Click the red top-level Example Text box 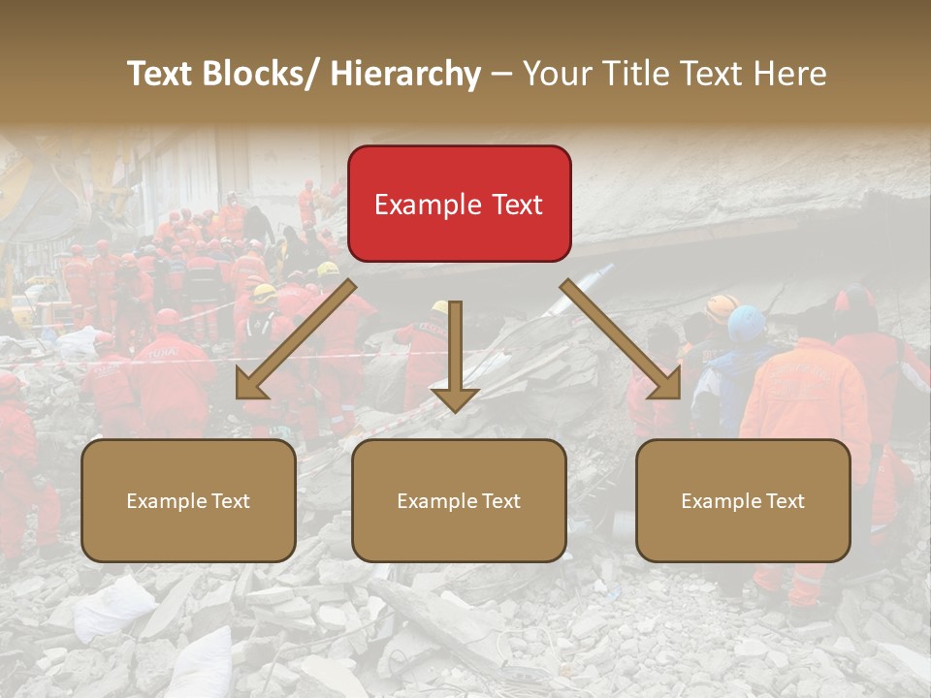459,204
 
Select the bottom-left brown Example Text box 188,500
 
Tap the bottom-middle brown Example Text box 459,500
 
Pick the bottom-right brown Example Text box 743,500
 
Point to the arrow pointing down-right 621,339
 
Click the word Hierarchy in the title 405,74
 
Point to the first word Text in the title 161,74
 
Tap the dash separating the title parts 500,74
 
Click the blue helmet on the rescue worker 747,322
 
